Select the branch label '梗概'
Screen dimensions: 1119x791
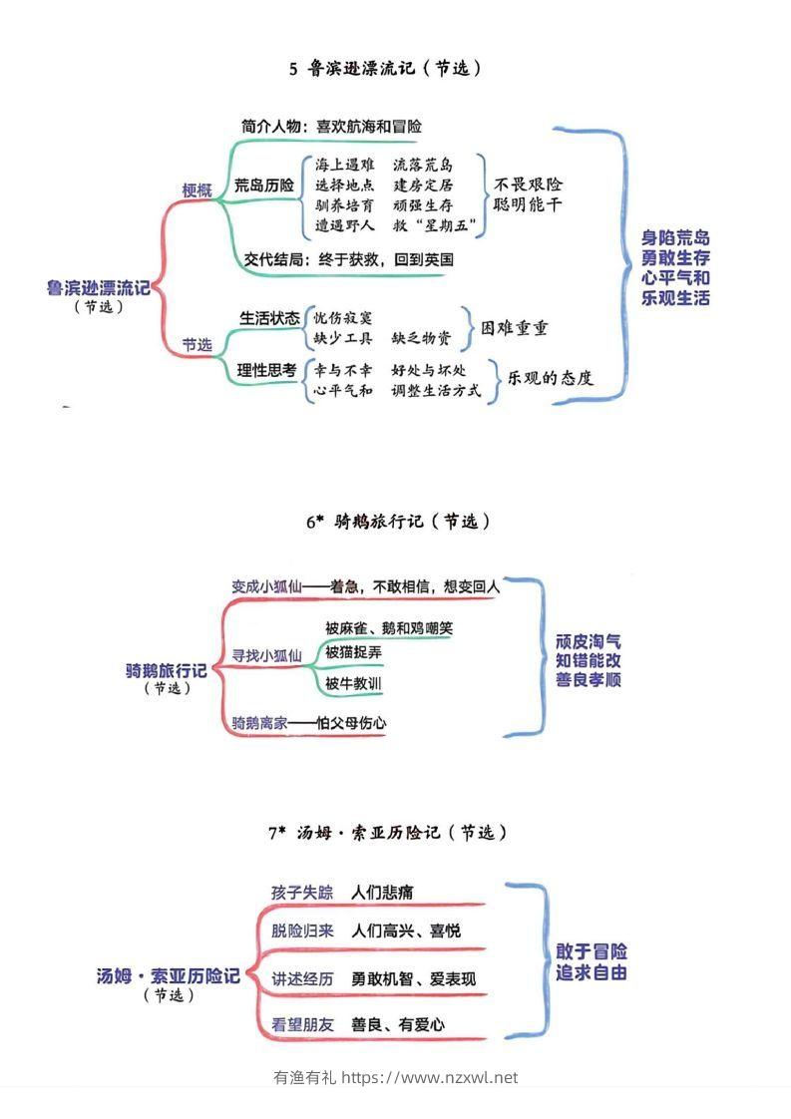click(x=198, y=189)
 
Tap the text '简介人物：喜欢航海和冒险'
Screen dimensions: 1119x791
click(x=331, y=127)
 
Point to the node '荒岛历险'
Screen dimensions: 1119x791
click(x=264, y=186)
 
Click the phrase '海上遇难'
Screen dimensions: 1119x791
click(x=344, y=165)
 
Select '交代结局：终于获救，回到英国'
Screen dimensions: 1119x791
click(x=349, y=259)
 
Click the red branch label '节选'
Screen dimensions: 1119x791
click(x=197, y=345)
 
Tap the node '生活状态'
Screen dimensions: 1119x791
click(x=269, y=318)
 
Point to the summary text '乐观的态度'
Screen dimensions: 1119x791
click(x=551, y=378)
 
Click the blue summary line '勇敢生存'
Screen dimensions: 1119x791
click(x=676, y=257)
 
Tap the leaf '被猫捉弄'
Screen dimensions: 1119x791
click(x=353, y=652)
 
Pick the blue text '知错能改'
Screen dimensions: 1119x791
click(x=589, y=659)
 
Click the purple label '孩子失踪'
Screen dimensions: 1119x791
click(x=302, y=892)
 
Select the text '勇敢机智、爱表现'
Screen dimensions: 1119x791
click(x=413, y=979)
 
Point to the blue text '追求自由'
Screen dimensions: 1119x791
click(x=592, y=971)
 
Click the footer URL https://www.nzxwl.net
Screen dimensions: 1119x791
click(x=430, y=1077)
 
